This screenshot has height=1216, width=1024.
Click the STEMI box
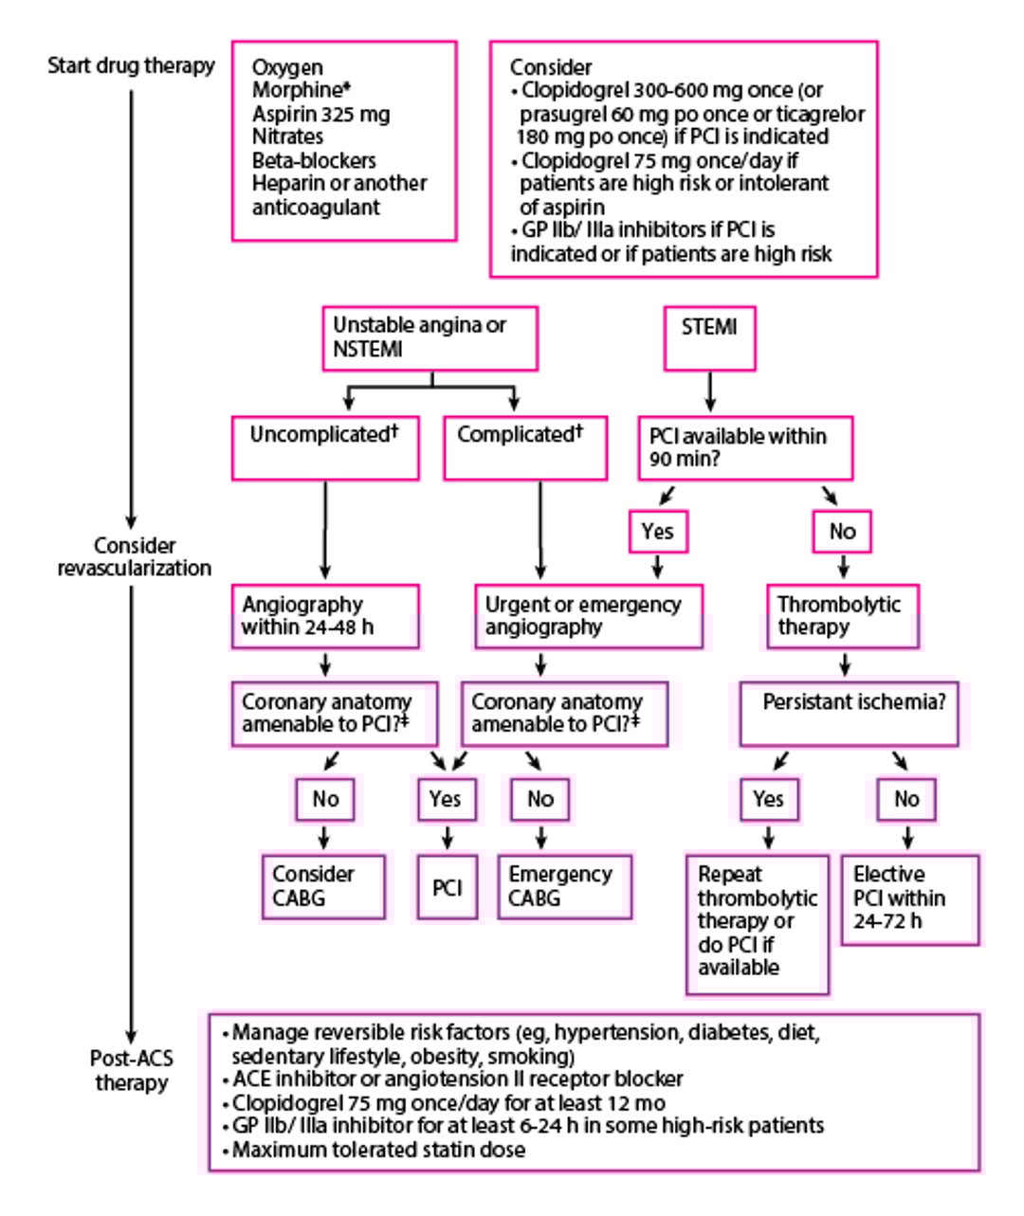coord(709,337)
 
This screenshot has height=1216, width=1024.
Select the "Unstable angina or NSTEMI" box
coord(430,337)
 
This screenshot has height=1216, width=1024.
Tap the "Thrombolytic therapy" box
coord(842,616)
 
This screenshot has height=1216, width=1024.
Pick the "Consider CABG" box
coord(324,886)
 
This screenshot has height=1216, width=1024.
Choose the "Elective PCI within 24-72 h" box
coord(909,898)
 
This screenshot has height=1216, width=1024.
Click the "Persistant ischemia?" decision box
coord(849,713)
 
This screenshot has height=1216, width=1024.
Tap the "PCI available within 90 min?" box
coord(744,448)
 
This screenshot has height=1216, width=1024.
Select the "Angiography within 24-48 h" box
coord(325,616)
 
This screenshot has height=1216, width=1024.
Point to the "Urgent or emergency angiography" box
coord(588,616)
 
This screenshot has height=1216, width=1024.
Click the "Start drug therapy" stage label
coord(131,66)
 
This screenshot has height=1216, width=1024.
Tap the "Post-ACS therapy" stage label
coord(131,1071)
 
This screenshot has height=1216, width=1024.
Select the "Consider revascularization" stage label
coord(134,557)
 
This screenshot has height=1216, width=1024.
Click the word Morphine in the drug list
coord(295,91)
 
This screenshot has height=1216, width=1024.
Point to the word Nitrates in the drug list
coord(287,137)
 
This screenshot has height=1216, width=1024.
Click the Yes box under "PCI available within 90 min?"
coord(657,532)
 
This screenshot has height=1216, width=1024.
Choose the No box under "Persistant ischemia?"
coord(906,799)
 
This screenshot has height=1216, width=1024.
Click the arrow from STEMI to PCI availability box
coord(710,391)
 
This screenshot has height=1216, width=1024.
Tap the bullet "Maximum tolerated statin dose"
coord(378,1150)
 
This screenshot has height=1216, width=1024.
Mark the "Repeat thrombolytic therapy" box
coord(757,922)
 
